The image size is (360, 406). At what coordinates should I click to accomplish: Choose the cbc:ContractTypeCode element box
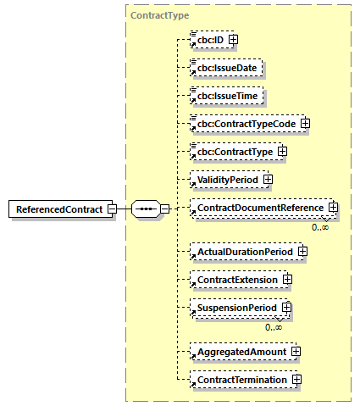click(244, 124)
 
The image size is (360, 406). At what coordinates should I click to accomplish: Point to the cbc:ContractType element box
click(233, 152)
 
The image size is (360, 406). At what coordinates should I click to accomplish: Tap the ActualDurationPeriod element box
click(244, 251)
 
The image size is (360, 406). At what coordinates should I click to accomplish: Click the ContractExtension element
click(236, 279)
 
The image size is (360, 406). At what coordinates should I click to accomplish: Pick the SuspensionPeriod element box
click(235, 308)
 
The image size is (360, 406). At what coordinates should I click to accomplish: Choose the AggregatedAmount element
click(241, 351)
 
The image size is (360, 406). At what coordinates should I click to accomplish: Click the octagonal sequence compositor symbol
click(145, 209)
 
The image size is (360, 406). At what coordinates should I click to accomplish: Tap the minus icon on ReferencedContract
click(111, 209)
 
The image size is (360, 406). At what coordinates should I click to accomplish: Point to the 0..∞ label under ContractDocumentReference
click(319, 227)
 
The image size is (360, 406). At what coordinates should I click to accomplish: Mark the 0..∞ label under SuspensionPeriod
click(274, 327)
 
